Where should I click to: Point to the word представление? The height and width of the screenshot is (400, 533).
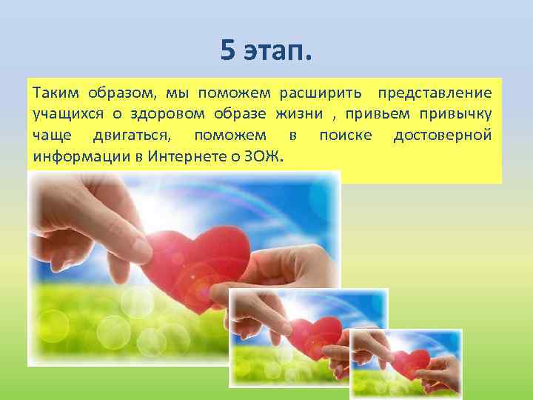[x=434, y=94]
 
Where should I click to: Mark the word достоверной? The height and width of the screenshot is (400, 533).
[x=443, y=136]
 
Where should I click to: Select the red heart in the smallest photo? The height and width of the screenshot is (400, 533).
[x=409, y=363]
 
